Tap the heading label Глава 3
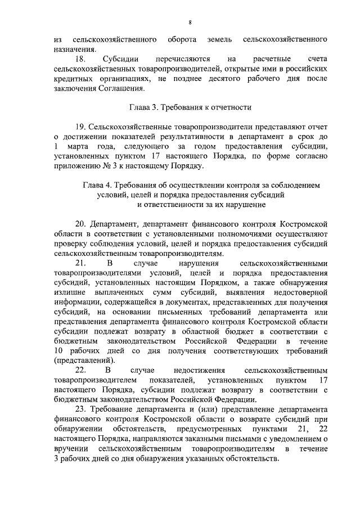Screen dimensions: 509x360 [x=145, y=107]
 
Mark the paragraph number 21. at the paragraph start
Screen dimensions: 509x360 [x=80, y=263]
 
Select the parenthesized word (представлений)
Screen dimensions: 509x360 [x=84, y=361]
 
